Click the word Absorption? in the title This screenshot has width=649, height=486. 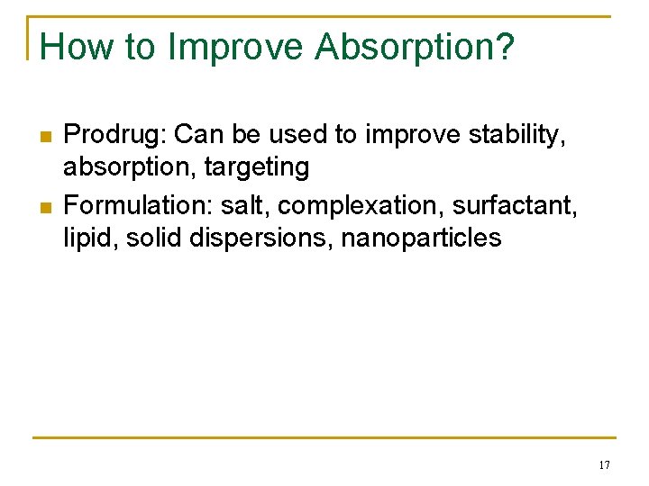coord(416,48)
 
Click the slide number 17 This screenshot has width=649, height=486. coord(604,465)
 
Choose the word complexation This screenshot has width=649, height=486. coord(360,206)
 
